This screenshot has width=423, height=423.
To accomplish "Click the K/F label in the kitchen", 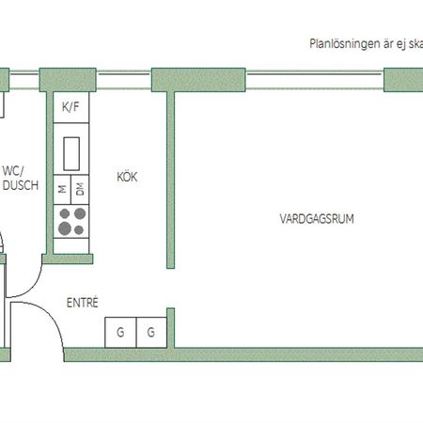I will point(71,107).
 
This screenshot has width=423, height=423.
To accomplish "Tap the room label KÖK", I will point(128,177).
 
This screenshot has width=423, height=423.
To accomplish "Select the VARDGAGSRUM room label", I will point(310,218).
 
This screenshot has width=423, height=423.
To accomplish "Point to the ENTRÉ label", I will point(82,303).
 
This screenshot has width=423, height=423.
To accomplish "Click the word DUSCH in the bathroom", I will point(20,186).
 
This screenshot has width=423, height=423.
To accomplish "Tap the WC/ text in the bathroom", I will point(13,171).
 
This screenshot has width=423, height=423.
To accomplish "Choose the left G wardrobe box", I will point(120,332).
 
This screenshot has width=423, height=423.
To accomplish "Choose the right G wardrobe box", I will point(151,332).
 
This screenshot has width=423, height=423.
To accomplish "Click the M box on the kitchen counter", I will point(62,189).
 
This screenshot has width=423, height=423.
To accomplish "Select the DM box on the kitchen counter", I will point(80,189).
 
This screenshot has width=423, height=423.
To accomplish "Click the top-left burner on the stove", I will point(65,214).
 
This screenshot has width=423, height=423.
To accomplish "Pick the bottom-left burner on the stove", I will point(65,228).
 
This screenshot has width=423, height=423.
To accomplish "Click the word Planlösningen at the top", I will point(342,43).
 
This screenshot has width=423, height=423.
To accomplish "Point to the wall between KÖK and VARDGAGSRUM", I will point(171,179).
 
